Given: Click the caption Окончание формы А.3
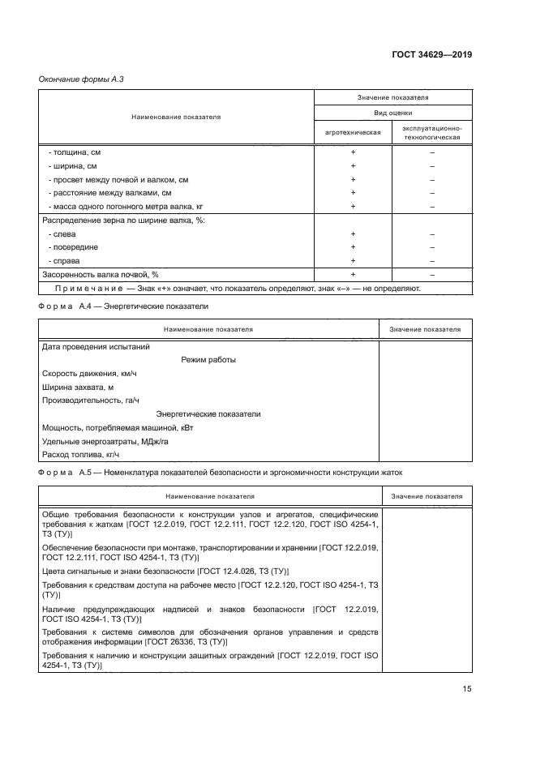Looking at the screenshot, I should coord(80,79).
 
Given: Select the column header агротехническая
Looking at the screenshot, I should coord(353,131).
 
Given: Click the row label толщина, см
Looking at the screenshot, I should coord(75,152).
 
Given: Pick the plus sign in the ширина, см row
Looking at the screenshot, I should coord(353,165).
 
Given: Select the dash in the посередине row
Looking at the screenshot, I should coord(432,247).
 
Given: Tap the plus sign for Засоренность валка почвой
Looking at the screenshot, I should coord(353,275).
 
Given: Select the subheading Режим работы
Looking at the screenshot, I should coord(208,360).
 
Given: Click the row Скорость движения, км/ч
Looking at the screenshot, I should coord(89,374).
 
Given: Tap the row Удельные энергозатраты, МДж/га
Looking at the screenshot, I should coord(105,442).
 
